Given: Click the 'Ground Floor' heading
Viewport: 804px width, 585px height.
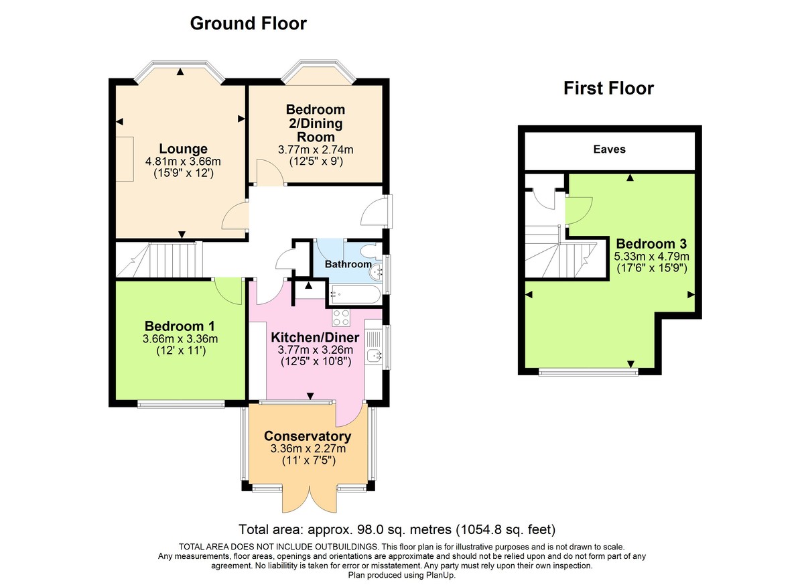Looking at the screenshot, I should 248,23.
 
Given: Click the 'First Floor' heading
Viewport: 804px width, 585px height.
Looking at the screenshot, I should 608,88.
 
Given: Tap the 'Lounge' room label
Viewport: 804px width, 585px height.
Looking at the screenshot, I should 183,149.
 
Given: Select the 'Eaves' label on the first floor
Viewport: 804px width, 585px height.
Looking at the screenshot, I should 609,149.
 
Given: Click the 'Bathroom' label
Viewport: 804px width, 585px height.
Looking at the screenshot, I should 348,264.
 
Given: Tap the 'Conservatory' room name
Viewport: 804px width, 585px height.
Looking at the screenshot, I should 308,436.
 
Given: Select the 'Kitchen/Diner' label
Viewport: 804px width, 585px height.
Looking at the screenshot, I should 316,337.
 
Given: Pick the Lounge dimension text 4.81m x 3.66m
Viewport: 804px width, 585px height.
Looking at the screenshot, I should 183,161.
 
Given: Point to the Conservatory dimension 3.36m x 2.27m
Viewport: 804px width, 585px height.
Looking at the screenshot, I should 308,448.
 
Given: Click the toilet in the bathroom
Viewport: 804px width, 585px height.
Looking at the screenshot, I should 369,251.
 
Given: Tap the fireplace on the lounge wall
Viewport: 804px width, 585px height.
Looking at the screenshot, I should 125,157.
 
